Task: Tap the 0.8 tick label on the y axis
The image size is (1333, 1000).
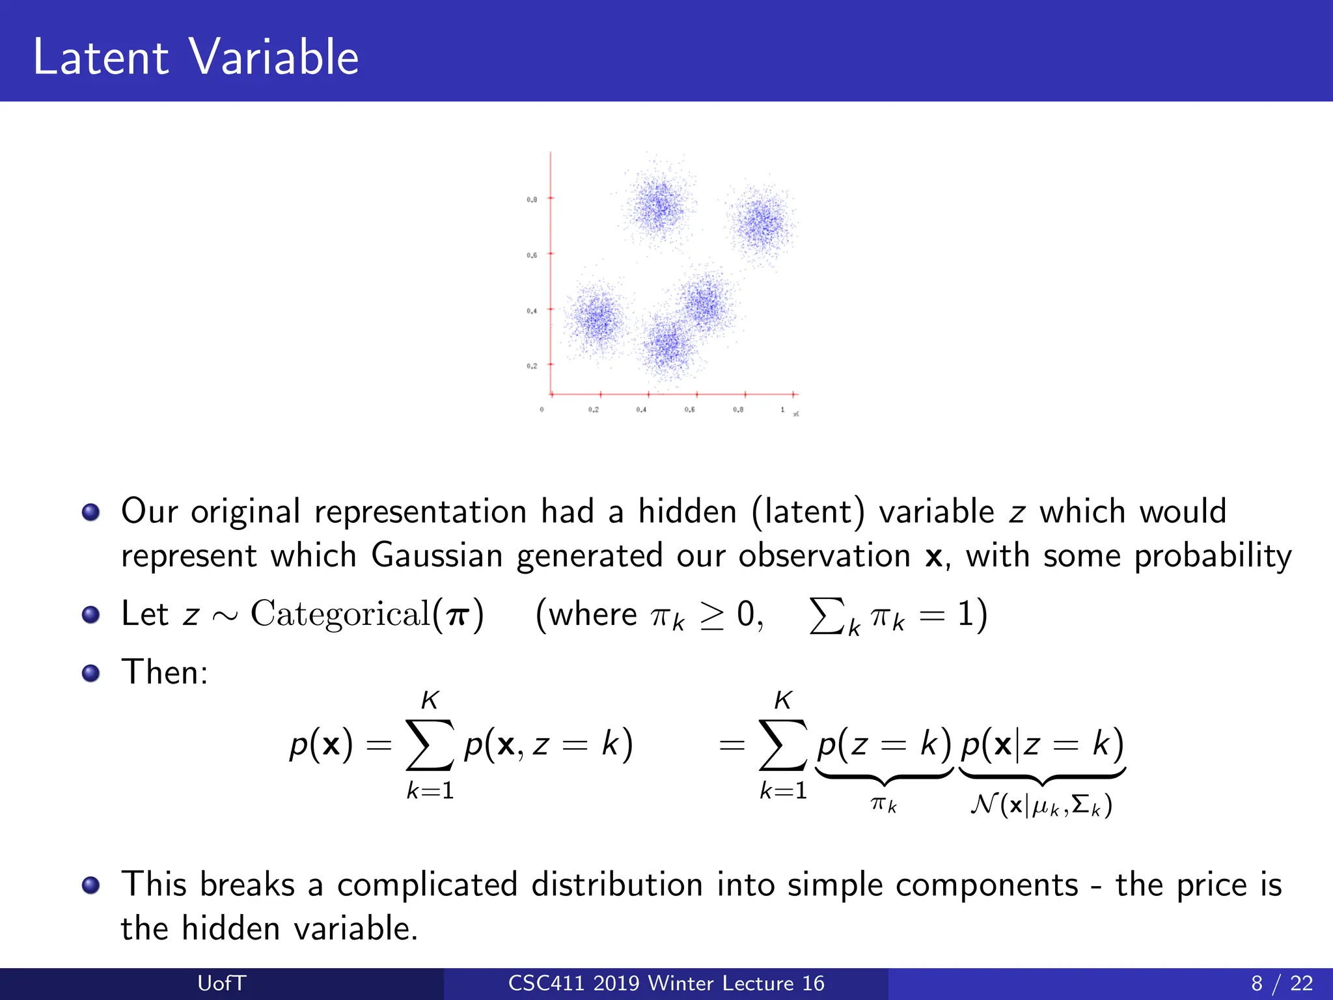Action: point(532,199)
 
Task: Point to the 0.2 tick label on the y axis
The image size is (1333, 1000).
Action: point(532,366)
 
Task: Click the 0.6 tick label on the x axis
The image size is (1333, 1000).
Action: point(689,410)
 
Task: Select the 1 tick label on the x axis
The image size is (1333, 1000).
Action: point(782,410)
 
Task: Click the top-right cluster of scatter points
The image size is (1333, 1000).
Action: point(761,223)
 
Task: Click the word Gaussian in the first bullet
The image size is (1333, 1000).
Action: point(437,556)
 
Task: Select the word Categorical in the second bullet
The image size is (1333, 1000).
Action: point(340,614)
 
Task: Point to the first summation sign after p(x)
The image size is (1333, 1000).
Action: point(429,744)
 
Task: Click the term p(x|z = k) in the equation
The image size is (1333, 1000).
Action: point(1042,743)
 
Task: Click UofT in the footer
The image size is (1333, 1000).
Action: point(221,983)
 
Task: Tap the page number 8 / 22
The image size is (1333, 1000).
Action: point(1282,983)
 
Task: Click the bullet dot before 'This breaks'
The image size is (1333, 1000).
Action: point(91,885)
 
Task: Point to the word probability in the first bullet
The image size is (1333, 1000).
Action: point(1213,556)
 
